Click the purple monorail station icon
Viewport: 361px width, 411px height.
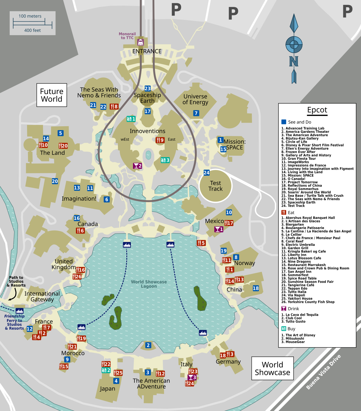(140, 42)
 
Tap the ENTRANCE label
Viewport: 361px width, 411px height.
(147, 51)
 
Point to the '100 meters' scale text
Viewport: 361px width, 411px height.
(30, 16)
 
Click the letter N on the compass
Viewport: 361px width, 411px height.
(294, 61)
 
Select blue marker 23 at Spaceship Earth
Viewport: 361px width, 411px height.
(147, 89)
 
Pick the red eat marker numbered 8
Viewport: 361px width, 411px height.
(114, 107)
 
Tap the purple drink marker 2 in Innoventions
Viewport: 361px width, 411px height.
(137, 166)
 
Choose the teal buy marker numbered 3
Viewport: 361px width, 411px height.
(165, 160)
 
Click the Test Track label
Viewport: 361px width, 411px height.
(215, 186)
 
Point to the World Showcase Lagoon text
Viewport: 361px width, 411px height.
(149, 284)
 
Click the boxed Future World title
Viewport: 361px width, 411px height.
(52, 95)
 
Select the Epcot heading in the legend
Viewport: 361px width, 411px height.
(317, 110)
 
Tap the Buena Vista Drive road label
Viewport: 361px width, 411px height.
(323, 372)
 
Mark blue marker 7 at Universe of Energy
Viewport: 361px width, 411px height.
(196, 113)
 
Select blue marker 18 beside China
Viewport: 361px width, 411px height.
(256, 288)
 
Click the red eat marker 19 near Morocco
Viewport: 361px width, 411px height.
(81, 338)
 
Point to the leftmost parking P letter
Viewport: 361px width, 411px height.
(176, 10)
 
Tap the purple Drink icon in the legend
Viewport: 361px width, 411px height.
(284, 309)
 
